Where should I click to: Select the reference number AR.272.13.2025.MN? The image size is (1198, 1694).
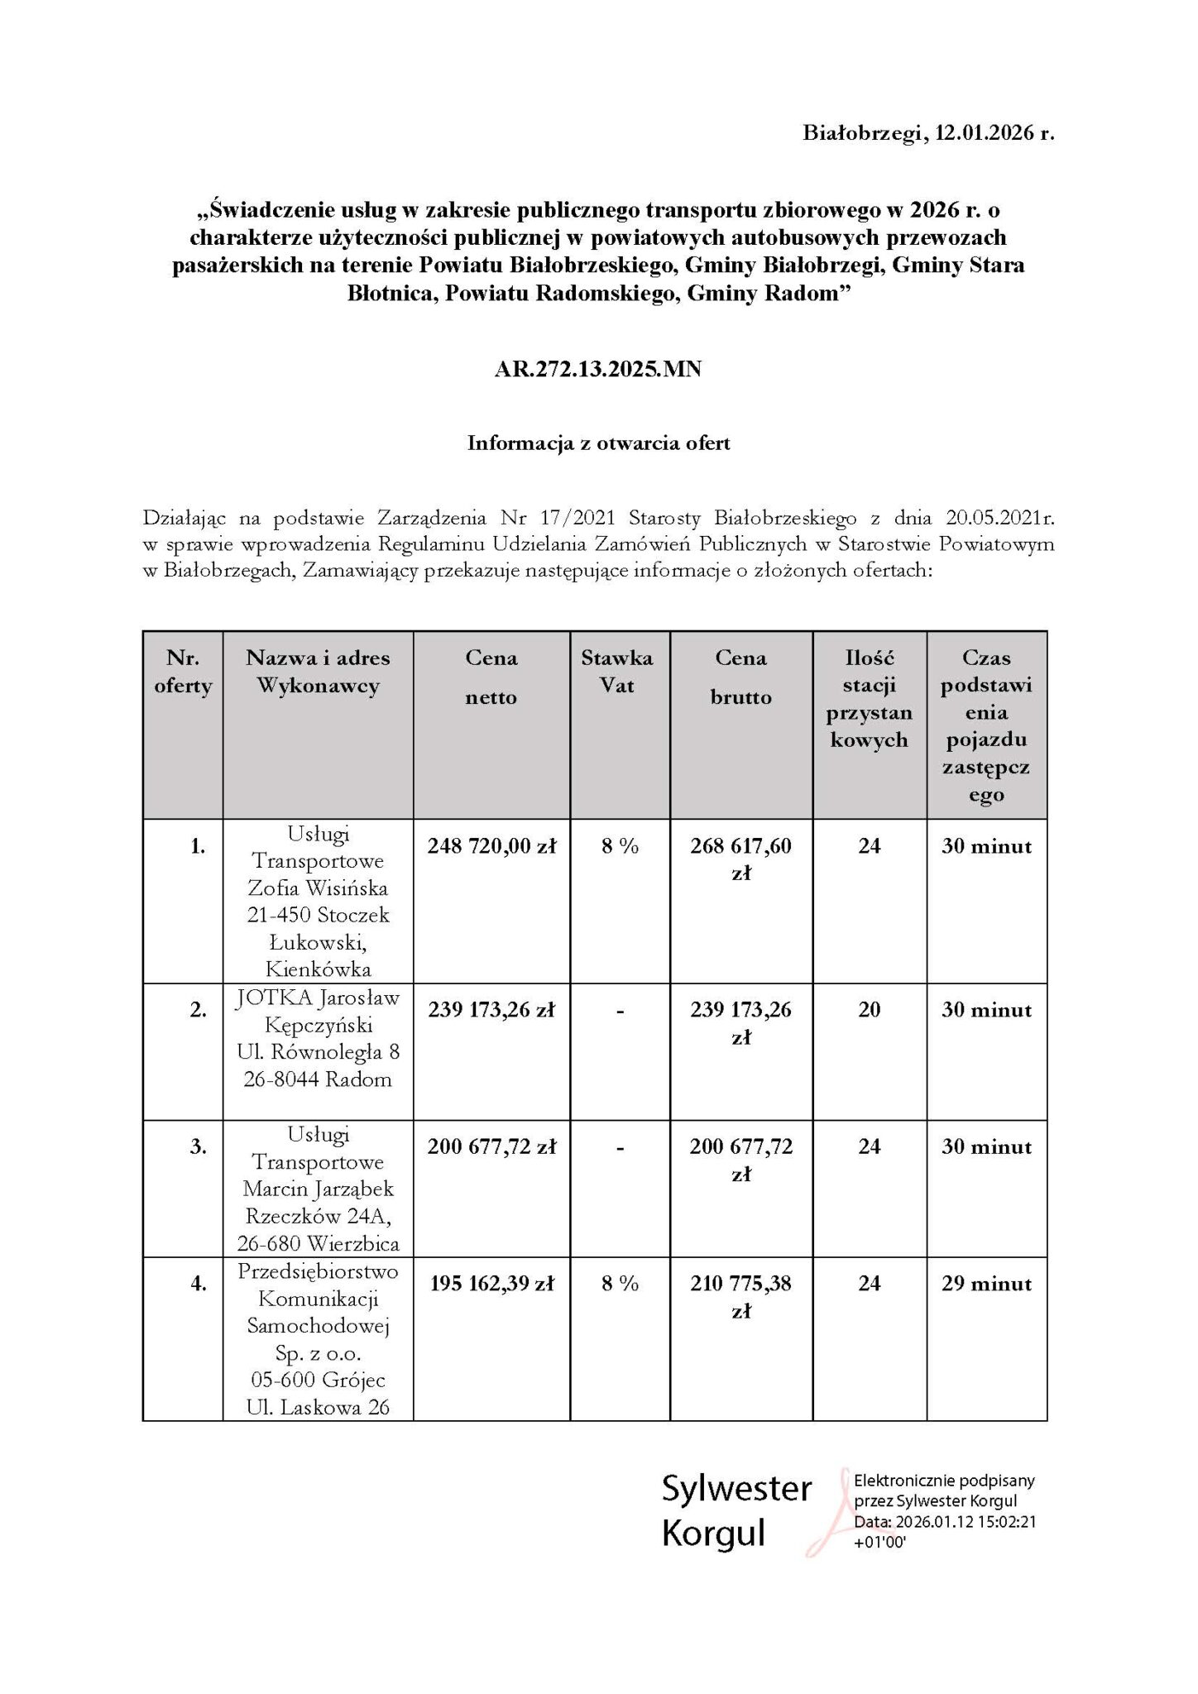(598, 369)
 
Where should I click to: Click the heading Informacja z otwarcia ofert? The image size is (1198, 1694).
(598, 443)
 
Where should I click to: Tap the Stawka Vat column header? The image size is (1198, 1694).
(616, 672)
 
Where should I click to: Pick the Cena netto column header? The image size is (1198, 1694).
(491, 677)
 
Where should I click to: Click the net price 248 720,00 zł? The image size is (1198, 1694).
(491, 846)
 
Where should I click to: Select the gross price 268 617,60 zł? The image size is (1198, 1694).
(740, 859)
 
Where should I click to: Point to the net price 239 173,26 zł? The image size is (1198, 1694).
(491, 1010)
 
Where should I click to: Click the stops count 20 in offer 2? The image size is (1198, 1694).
(869, 1010)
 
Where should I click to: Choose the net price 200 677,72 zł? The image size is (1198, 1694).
(491, 1147)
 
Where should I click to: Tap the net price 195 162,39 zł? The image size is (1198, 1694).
(491, 1284)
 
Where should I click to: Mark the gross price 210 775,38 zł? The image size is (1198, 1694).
(740, 1296)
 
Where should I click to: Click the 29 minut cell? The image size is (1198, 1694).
(986, 1284)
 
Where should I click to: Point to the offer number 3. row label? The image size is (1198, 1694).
(199, 1147)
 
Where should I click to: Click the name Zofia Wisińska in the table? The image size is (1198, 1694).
(318, 888)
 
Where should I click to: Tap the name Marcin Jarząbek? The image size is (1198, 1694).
(318, 1189)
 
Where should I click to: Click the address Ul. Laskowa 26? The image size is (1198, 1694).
(318, 1407)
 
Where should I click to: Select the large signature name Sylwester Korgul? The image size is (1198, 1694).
(736, 1510)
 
